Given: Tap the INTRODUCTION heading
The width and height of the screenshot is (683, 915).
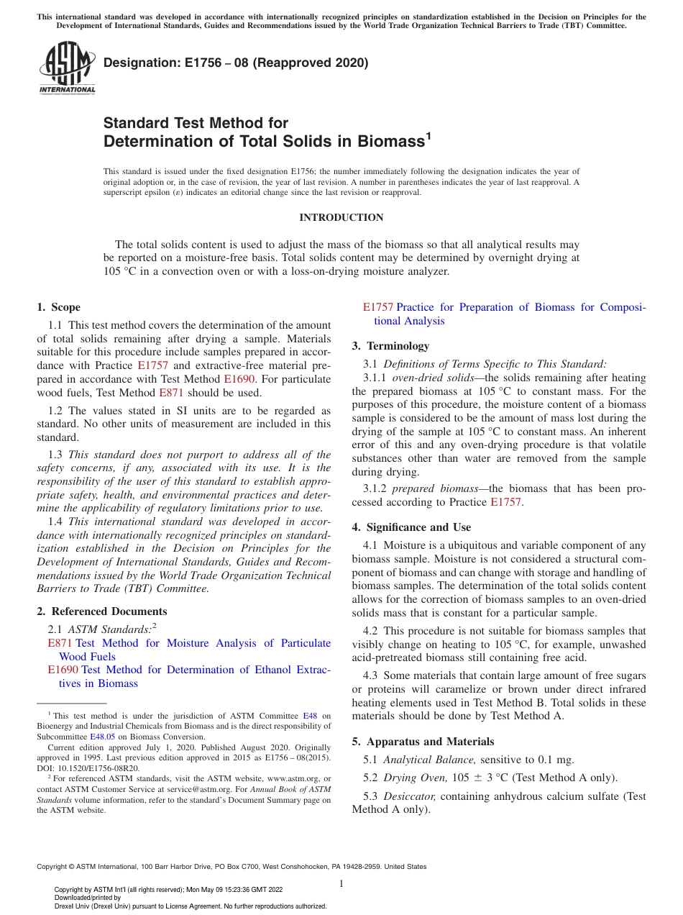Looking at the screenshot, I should coord(341,217).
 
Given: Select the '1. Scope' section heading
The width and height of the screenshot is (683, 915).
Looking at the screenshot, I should coord(58,307).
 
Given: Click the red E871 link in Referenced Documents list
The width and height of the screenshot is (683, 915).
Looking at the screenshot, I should coord(60,643).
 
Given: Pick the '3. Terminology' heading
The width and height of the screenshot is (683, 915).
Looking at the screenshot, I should coord(390,346).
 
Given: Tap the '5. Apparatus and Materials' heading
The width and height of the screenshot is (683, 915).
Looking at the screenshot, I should coord(423,742).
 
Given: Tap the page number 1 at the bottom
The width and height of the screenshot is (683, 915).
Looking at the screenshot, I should coord(341,883).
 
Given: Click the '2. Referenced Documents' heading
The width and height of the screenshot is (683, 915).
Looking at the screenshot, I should coord(101,611).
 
